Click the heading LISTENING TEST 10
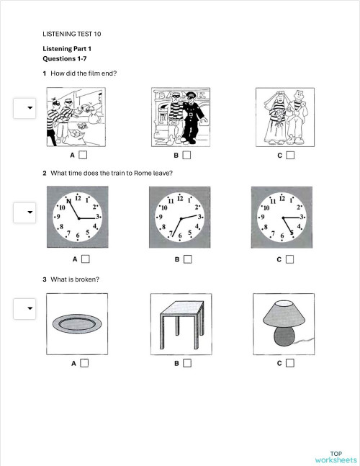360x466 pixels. click(72, 33)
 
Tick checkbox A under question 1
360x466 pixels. click(84, 155)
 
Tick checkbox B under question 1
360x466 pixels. click(186, 155)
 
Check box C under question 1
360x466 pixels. click(289, 155)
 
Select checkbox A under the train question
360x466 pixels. click(84, 259)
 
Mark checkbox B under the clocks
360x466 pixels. click(186, 259)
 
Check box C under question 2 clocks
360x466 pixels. click(289, 259)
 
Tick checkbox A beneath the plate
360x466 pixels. click(84, 363)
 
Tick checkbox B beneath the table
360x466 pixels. click(186, 363)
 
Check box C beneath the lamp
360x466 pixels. click(289, 363)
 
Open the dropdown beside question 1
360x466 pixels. click(30, 108)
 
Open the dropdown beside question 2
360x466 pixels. click(30, 212)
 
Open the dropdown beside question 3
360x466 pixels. click(30, 309)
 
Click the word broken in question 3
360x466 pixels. click(87, 279)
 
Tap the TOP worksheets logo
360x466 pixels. click(336, 456)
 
